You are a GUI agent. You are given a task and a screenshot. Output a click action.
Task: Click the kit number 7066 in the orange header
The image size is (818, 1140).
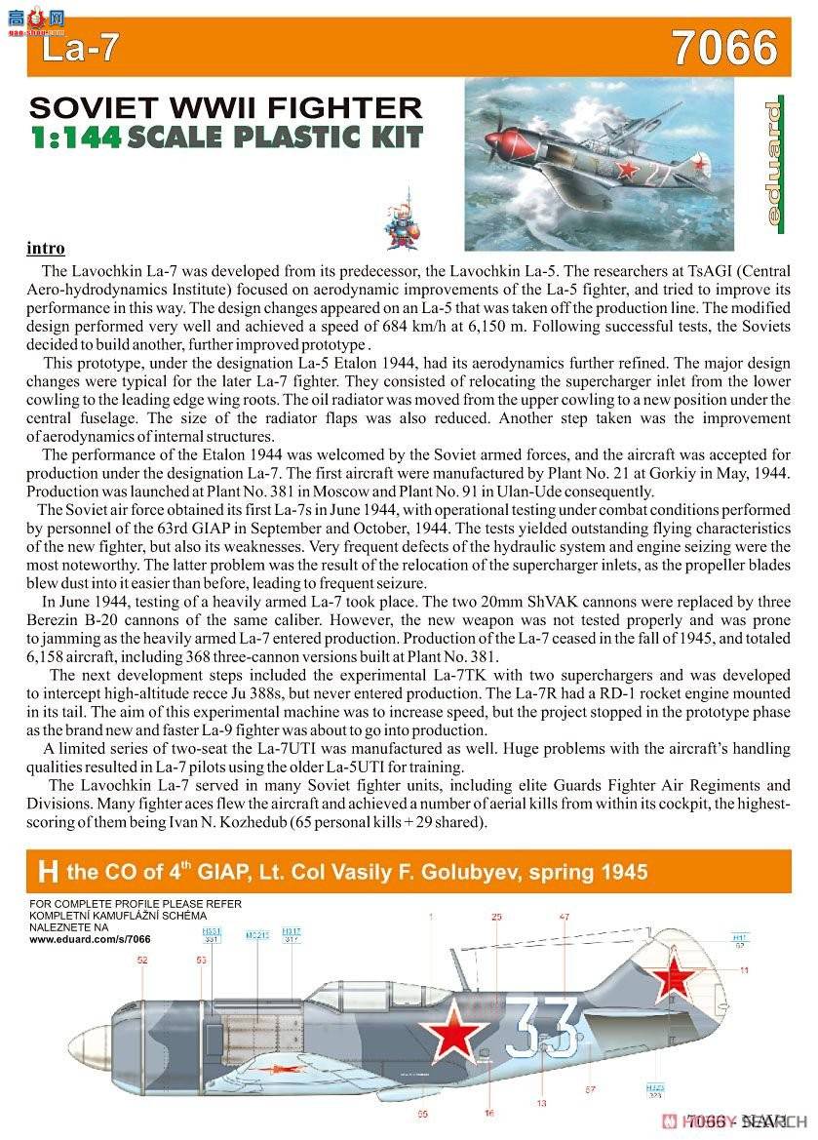(724, 48)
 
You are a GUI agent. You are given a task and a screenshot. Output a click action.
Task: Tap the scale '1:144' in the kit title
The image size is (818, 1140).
(76, 137)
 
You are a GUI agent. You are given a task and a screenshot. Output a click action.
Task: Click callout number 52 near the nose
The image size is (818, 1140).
(142, 961)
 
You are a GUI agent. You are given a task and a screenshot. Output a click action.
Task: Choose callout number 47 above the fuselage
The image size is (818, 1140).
(565, 917)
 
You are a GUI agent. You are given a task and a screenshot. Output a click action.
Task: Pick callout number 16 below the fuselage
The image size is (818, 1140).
(488, 1113)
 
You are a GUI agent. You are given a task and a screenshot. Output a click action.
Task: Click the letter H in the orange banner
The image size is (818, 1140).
(46, 870)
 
